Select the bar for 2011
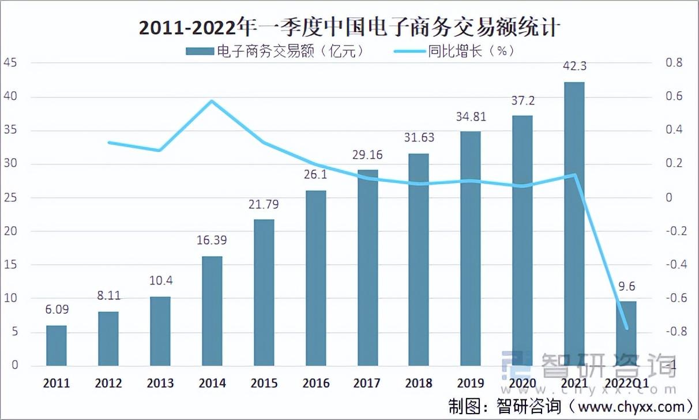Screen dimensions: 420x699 (x=57, y=346)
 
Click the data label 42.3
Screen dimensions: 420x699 (x=574, y=66)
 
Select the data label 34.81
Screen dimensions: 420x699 (x=471, y=117)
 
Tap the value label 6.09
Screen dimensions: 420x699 (x=57, y=310)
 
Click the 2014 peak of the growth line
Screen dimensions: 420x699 (x=212, y=102)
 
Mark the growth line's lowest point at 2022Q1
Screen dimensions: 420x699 (x=626, y=328)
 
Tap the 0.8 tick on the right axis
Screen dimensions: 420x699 (x=673, y=63)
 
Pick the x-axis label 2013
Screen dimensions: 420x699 (x=160, y=383)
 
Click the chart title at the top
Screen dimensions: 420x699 (x=349, y=27)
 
